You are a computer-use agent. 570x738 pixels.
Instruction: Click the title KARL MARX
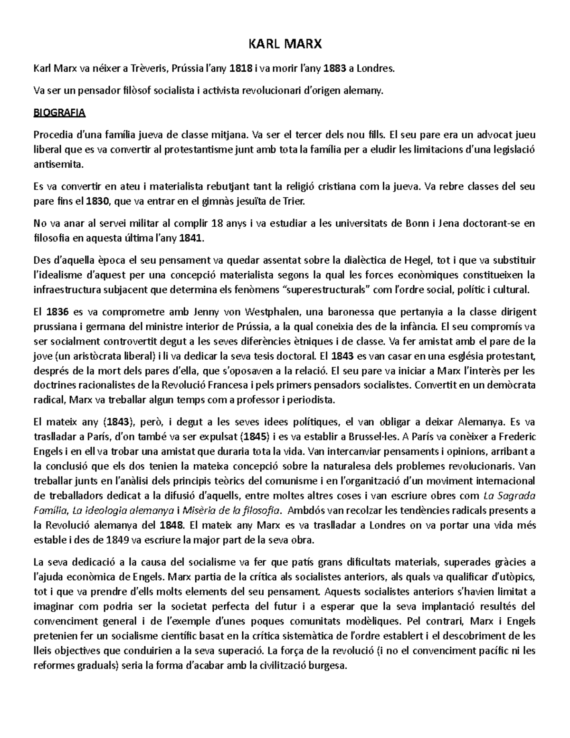(285, 45)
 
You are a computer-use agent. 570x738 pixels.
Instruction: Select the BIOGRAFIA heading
(59, 113)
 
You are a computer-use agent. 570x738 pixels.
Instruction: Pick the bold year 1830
(97, 201)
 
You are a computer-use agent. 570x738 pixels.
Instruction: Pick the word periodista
(311, 400)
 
